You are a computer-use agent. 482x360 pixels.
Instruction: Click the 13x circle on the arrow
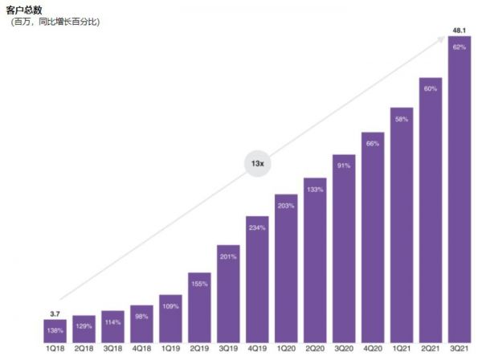click(x=257, y=163)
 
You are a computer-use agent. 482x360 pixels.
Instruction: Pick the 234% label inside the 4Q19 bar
click(x=257, y=227)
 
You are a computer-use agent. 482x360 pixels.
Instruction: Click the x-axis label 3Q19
click(x=228, y=350)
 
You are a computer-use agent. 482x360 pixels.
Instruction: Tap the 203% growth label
click(x=286, y=206)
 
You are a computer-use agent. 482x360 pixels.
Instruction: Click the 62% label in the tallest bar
click(x=460, y=47)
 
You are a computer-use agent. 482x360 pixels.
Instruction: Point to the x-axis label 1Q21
click(x=402, y=350)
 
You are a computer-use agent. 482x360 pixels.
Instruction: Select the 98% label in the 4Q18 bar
click(x=141, y=317)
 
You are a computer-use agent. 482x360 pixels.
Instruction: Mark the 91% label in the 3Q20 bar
click(x=344, y=166)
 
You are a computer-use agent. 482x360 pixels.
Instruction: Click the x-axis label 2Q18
click(x=84, y=350)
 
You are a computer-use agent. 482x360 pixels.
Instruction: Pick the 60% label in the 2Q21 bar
click(x=431, y=88)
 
